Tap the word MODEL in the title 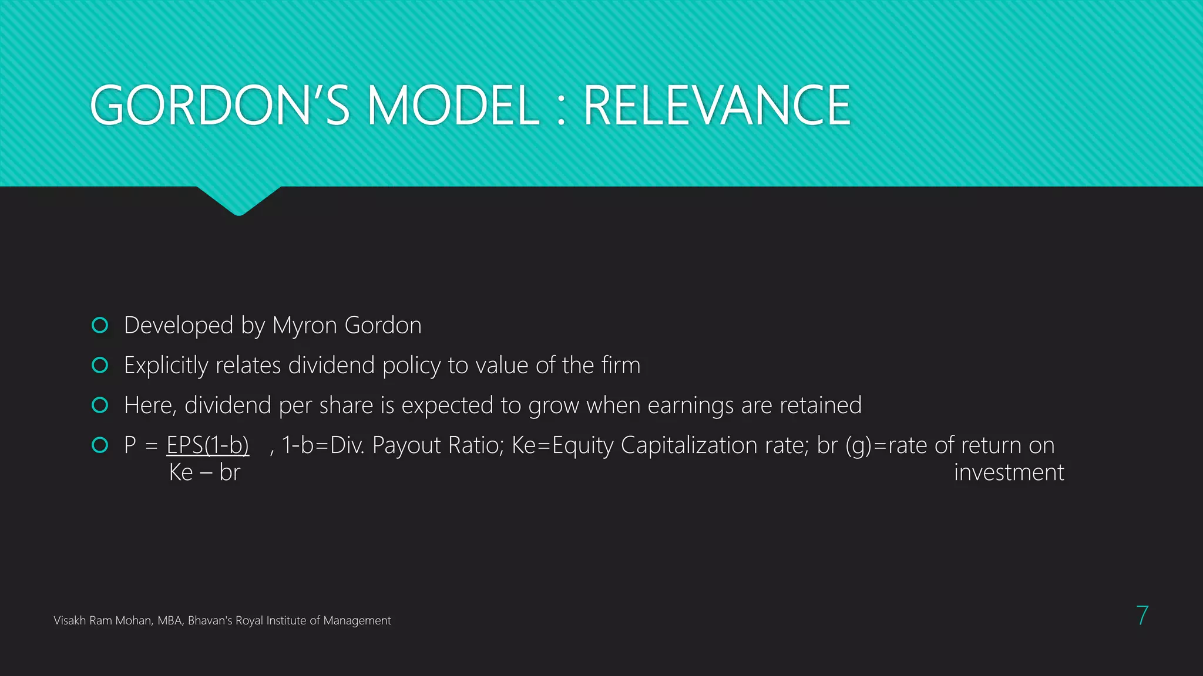click(x=453, y=106)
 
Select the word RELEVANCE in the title click(x=717, y=106)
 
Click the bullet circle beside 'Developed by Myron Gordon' click(x=100, y=325)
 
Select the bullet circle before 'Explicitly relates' click(x=100, y=365)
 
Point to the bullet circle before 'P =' click(x=100, y=445)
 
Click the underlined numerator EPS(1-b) click(x=207, y=445)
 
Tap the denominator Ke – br click(x=204, y=472)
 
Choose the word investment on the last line click(x=1009, y=472)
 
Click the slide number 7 click(x=1142, y=616)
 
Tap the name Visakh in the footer click(x=70, y=620)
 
